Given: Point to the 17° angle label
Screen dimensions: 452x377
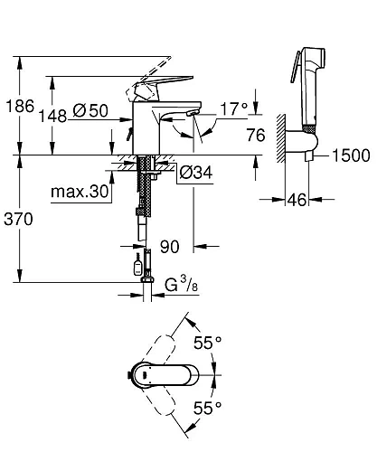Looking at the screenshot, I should click(x=234, y=108).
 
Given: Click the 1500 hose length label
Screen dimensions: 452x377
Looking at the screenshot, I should click(x=352, y=155).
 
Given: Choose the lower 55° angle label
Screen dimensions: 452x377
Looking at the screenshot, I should click(x=207, y=408).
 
